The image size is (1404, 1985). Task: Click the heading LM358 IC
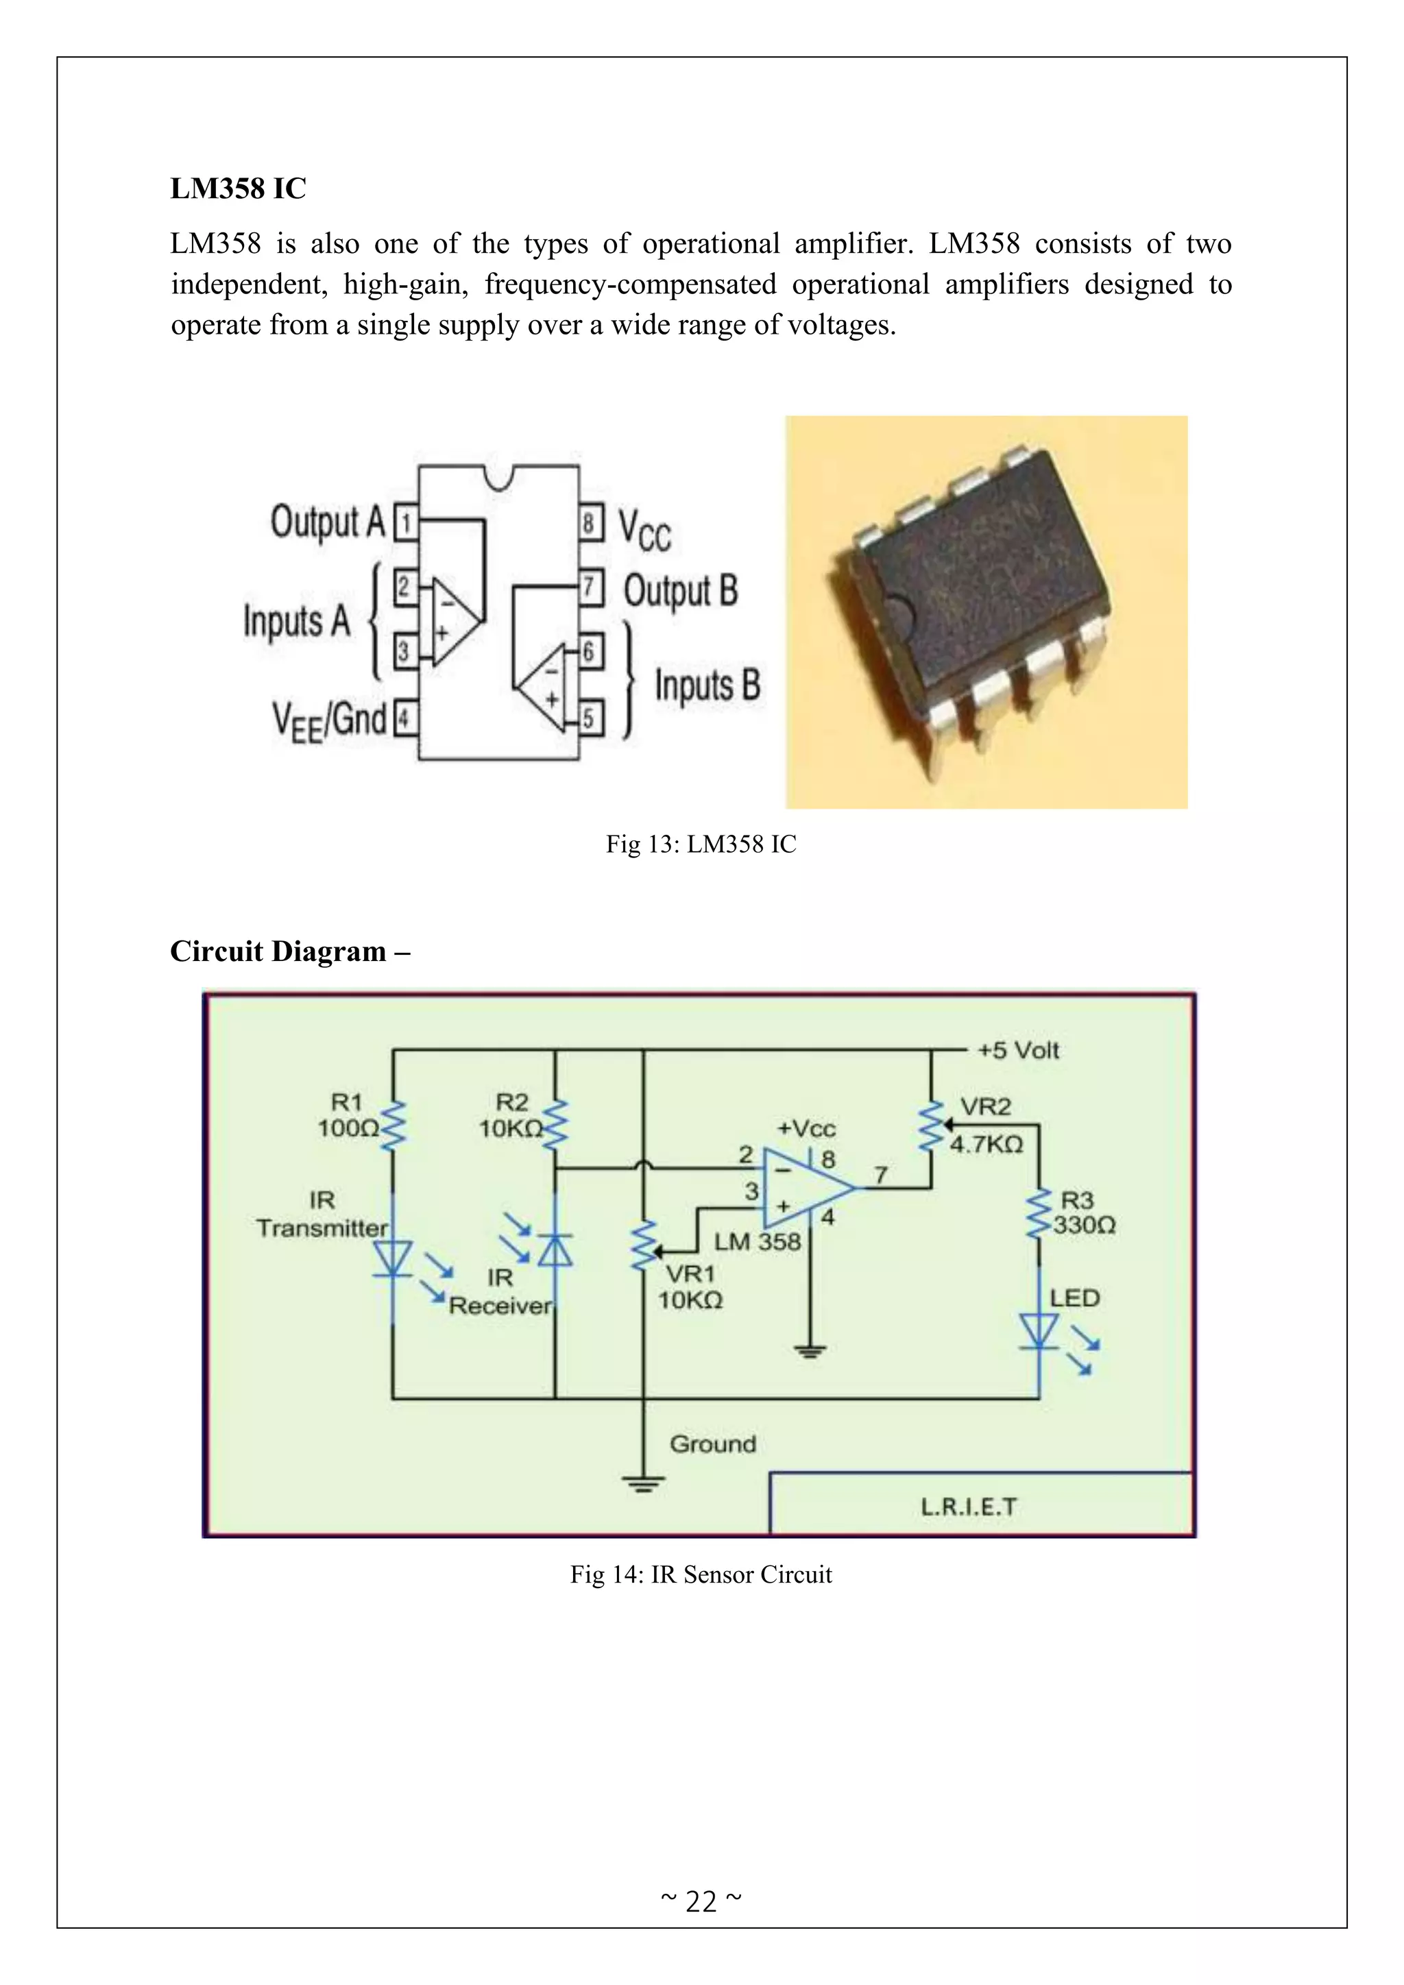click(238, 188)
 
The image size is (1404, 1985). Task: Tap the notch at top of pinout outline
click(499, 476)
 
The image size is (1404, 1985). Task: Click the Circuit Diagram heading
click(289, 951)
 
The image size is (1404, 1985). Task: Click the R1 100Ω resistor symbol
click(394, 1125)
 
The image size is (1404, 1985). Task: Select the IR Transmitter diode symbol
click(394, 1258)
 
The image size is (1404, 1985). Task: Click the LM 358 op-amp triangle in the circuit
click(804, 1188)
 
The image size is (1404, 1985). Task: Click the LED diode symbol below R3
click(1039, 1330)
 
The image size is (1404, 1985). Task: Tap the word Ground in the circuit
click(712, 1444)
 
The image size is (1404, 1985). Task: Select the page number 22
click(701, 1901)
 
